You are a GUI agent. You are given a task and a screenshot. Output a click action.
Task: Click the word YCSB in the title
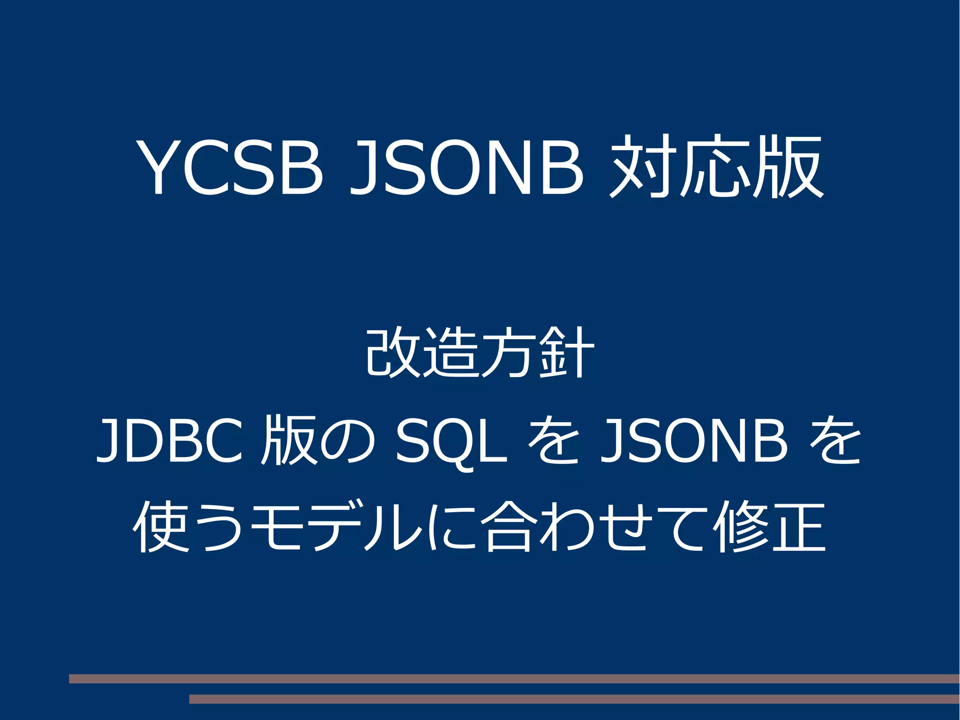229,167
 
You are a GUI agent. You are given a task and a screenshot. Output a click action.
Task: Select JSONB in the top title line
467,167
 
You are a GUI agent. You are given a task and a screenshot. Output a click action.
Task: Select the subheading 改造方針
480,353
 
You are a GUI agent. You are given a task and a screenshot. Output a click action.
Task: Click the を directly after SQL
553,441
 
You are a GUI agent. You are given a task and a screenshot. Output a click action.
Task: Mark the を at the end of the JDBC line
835,441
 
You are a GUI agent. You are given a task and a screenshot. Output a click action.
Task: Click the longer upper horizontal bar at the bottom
514,678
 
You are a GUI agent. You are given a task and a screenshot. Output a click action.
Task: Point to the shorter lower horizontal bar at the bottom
574,699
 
